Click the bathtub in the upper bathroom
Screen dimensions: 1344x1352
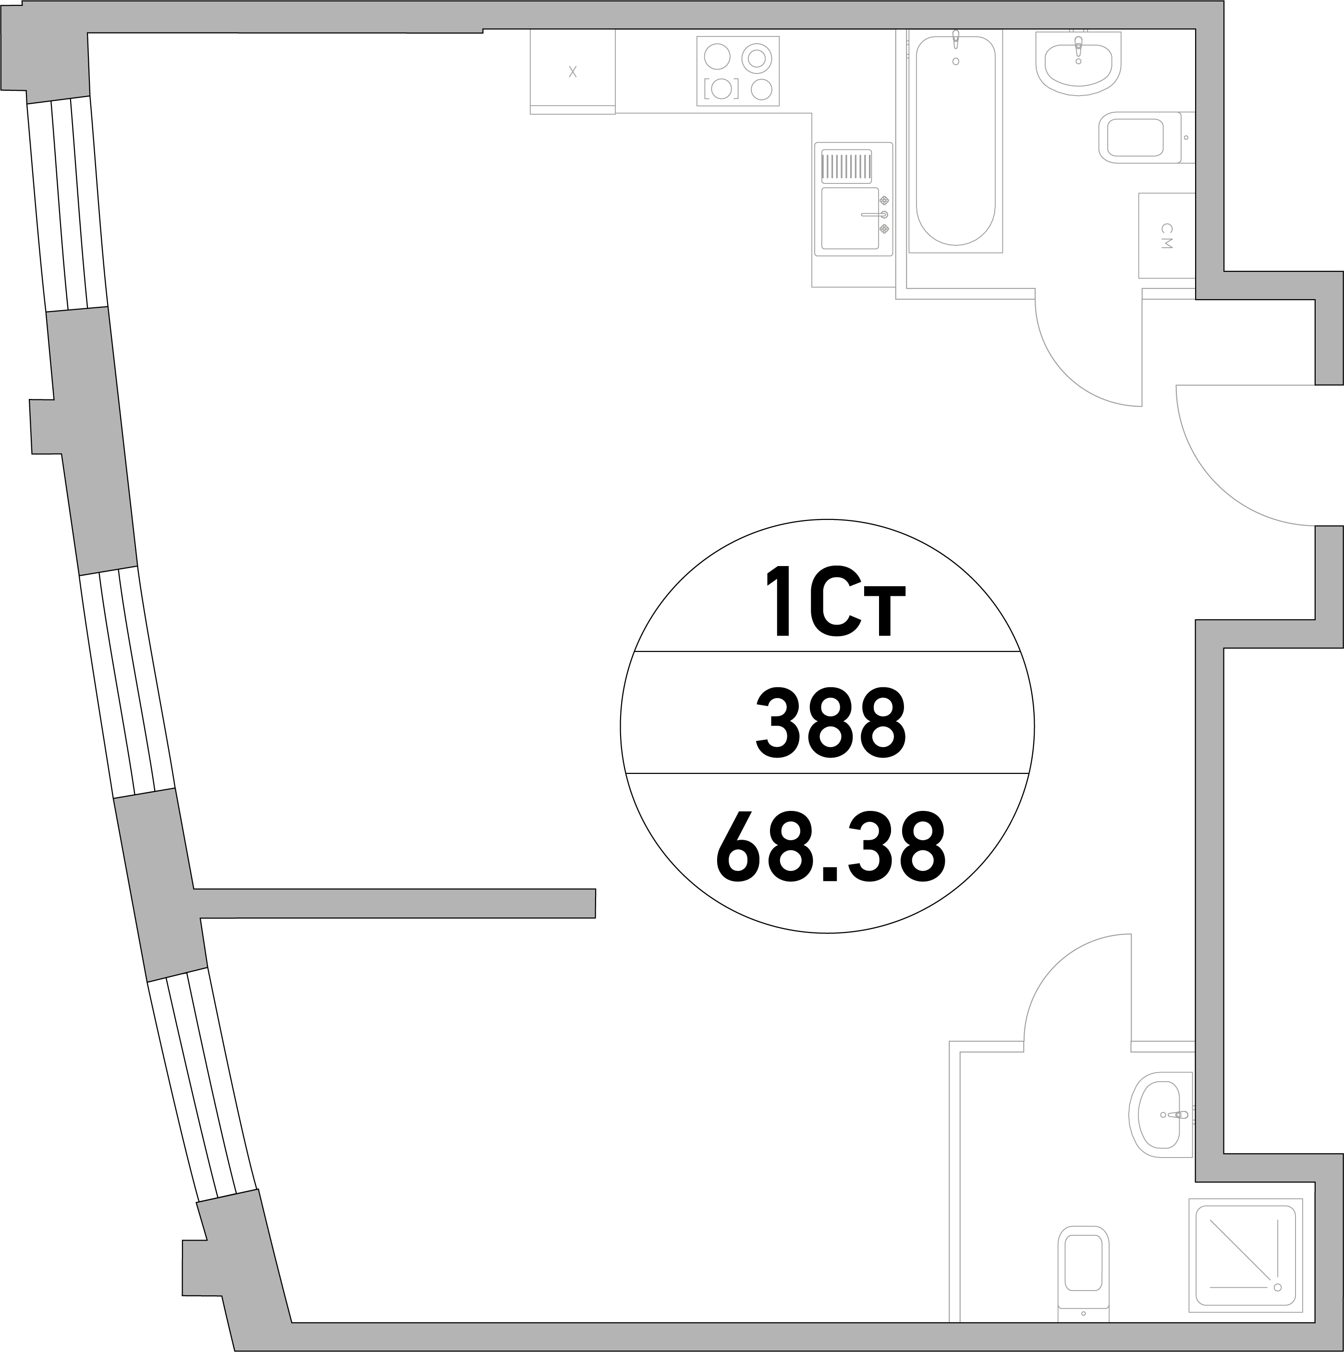955,141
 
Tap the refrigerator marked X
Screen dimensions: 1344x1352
573,72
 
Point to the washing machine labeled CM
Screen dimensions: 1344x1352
1166,236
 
